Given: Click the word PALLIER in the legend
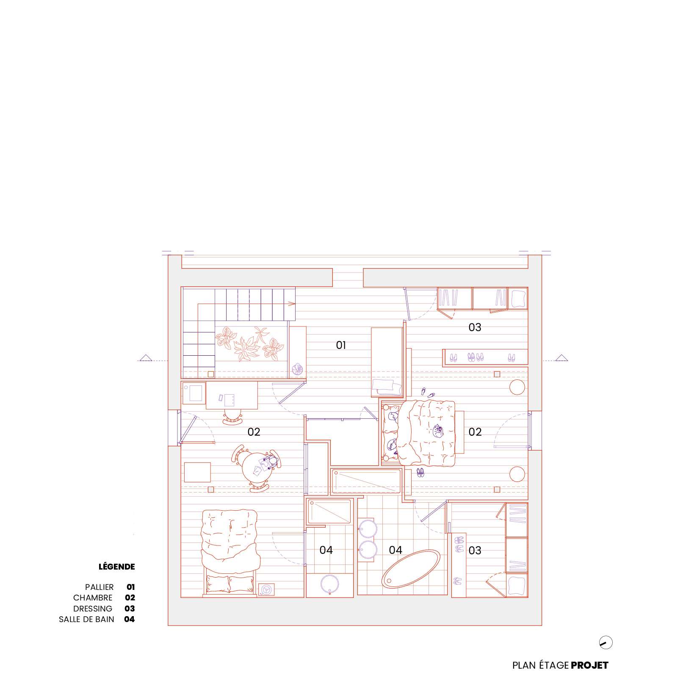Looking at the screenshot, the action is tap(100, 587).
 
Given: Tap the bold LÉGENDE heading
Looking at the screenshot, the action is tap(117, 567).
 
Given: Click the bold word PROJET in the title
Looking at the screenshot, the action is tap(589, 665).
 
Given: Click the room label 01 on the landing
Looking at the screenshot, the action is tap(341, 345).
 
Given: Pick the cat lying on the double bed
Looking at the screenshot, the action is tap(437, 432).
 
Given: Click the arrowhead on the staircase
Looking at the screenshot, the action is tap(292, 303).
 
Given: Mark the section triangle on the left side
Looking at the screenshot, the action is tap(146, 357).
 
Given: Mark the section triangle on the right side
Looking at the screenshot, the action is tap(562, 357).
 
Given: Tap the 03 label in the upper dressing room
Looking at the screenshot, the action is tap(475, 327).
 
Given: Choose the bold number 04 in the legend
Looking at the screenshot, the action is tap(130, 619).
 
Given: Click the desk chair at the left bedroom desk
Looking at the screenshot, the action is tap(232, 417).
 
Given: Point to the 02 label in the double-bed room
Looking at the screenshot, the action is tap(475, 432).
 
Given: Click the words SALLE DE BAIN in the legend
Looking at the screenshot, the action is tap(86, 619).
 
